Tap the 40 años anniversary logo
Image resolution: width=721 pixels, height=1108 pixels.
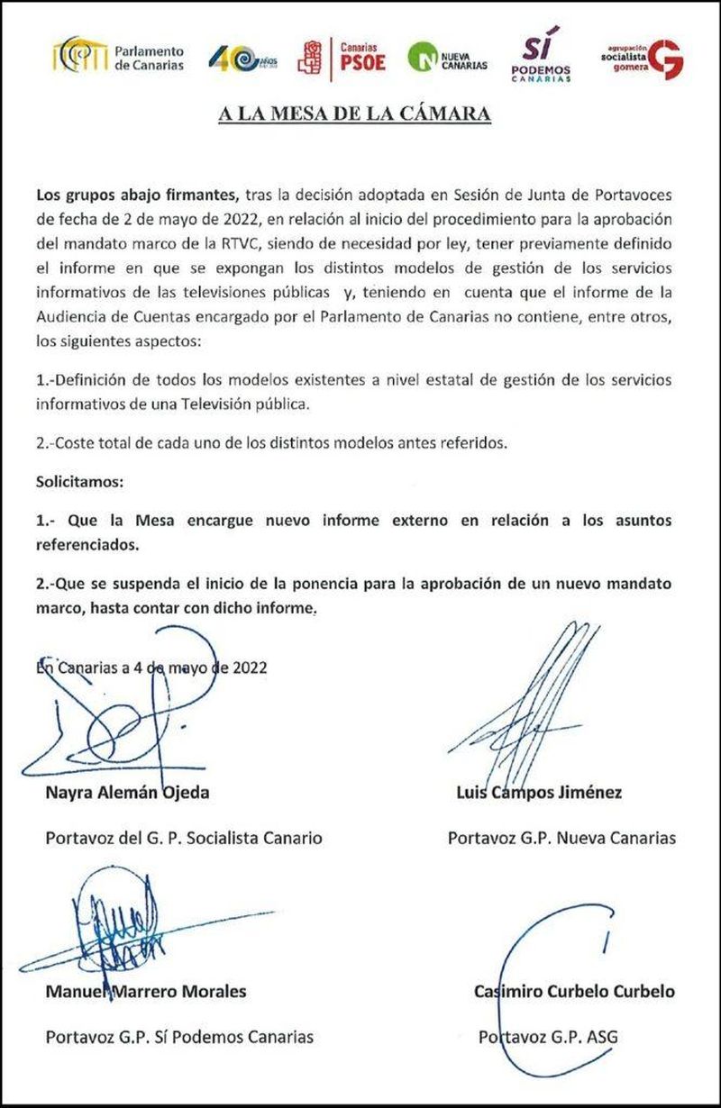[x=242, y=59]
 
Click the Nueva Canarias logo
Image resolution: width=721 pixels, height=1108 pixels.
[x=447, y=58]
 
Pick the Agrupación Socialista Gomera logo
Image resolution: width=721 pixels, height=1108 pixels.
[x=642, y=59]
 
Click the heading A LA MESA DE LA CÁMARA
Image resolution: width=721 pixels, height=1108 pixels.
[x=355, y=114]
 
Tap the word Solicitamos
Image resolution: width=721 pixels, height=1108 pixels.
[x=78, y=482]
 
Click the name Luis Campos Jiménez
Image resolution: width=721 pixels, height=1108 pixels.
[x=539, y=793]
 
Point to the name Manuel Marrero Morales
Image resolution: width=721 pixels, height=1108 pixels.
[x=146, y=992]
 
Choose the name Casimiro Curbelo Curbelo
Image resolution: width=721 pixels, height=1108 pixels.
[x=574, y=992]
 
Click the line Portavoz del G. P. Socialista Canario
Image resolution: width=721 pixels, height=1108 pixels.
[x=183, y=838]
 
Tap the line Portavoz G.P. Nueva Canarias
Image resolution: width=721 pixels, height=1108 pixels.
[x=561, y=838]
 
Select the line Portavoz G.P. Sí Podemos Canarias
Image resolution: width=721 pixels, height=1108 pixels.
[x=179, y=1037]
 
